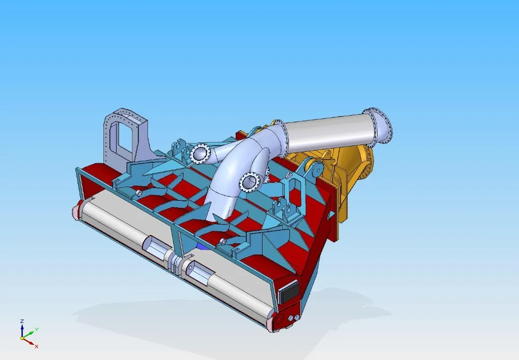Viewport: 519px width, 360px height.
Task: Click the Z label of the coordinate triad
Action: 22,321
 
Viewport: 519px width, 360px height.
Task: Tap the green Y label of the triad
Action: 36,330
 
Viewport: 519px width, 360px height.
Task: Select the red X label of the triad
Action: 36,346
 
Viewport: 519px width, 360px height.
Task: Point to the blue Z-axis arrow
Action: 22,330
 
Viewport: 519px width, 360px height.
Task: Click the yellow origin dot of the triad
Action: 22,338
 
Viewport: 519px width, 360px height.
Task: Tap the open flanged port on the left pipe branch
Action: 200,153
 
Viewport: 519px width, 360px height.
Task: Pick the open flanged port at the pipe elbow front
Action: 250,182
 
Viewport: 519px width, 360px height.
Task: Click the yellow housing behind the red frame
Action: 350,167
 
